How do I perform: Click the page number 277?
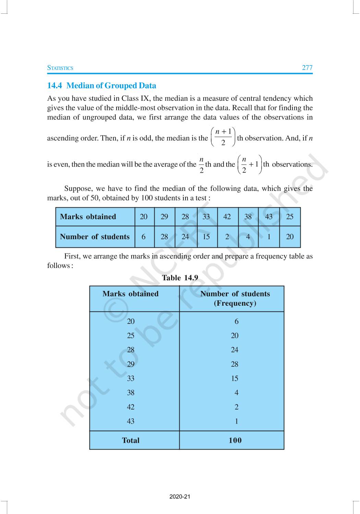point(307,68)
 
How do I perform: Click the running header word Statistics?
point(60,68)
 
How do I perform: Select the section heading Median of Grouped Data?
point(101,86)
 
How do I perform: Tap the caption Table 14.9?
point(180,278)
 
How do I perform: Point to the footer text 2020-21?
point(180,497)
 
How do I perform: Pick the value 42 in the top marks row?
point(227,217)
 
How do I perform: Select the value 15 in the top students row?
point(206,236)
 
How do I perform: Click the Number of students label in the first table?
point(95,236)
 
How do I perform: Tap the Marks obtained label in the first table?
point(88,217)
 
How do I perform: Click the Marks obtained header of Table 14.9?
point(130,294)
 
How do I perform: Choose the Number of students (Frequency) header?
point(235,298)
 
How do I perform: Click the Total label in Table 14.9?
point(131,440)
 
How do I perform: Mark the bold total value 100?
point(235,440)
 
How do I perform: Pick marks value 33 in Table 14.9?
point(131,378)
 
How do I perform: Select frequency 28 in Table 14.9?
point(235,364)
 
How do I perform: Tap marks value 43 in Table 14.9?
point(131,421)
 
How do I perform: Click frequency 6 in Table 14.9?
point(236,321)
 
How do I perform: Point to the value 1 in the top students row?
point(269,236)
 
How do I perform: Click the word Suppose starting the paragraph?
point(78,188)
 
